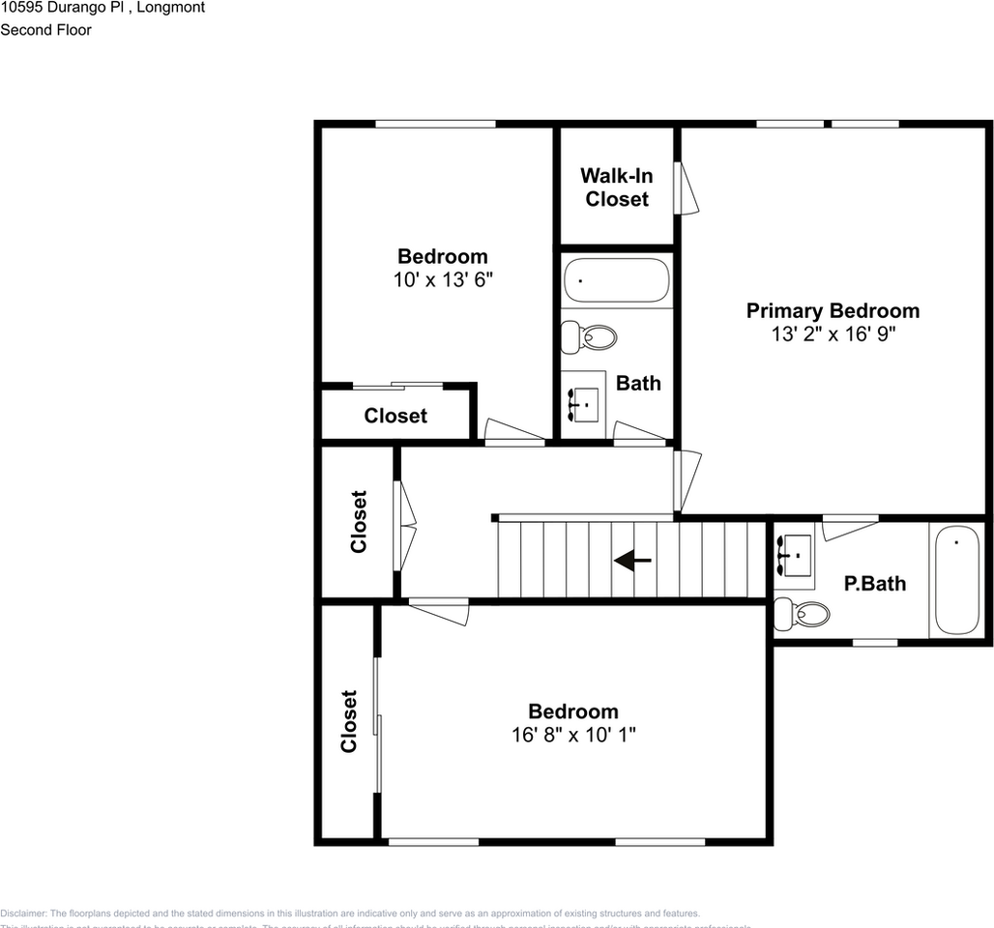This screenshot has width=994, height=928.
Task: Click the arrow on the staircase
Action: point(632,560)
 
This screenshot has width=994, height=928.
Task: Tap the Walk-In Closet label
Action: point(616,188)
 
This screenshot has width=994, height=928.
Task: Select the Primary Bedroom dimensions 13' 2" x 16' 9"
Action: point(833,334)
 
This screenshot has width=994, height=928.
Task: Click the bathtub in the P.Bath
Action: point(955,580)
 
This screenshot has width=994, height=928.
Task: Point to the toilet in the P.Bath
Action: point(803,613)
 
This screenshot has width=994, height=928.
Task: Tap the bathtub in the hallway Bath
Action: point(616,280)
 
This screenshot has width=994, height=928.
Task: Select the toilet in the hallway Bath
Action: point(591,336)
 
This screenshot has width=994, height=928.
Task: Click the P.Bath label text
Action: point(874,584)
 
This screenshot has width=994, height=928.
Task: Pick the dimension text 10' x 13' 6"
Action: point(443,279)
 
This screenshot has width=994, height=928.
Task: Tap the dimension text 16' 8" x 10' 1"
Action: point(572,735)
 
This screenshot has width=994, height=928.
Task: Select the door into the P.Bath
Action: point(850,529)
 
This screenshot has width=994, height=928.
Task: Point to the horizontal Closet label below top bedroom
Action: point(395,416)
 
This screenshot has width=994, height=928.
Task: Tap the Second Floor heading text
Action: point(45,30)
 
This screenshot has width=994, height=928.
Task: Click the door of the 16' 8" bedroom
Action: point(438,611)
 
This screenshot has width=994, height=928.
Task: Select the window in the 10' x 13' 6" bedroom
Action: point(435,124)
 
